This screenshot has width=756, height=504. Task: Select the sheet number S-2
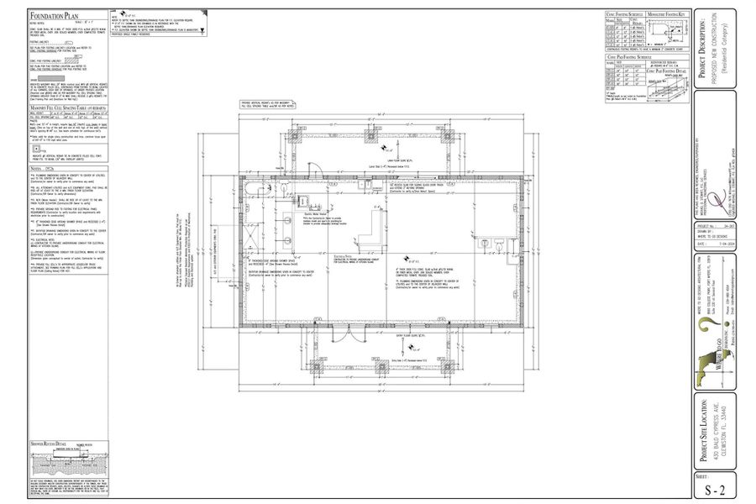point(713,489)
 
